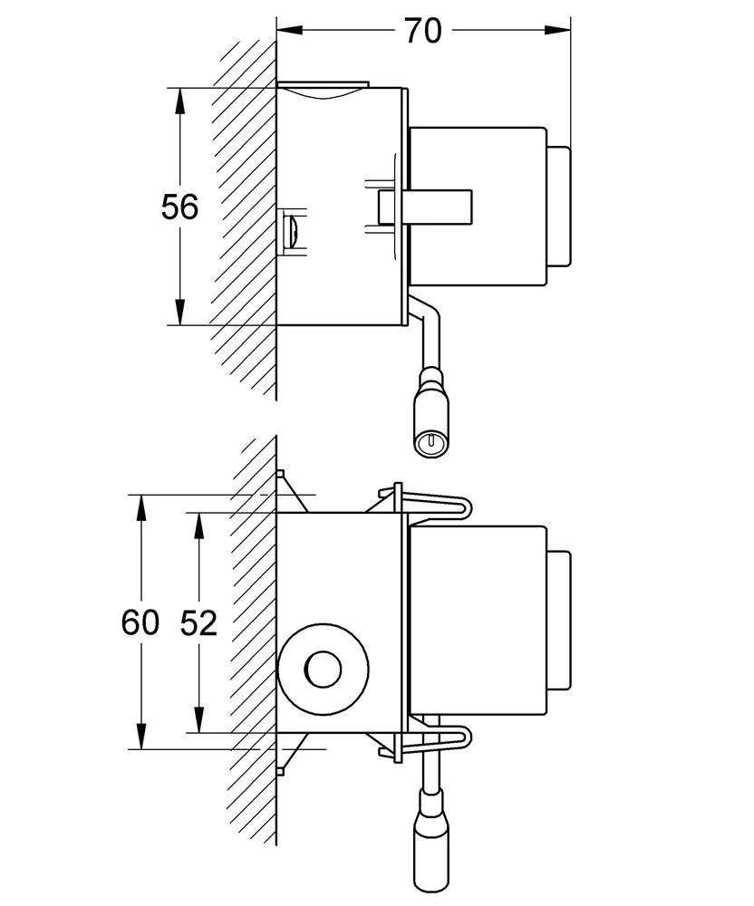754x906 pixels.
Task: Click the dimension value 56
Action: coord(179,207)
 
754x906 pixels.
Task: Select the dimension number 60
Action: coord(140,622)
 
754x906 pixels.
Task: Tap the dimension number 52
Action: coord(198,622)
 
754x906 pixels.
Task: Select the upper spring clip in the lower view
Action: coord(435,506)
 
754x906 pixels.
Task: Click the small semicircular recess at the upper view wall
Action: coord(291,232)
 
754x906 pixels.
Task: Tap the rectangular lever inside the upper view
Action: coord(426,206)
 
